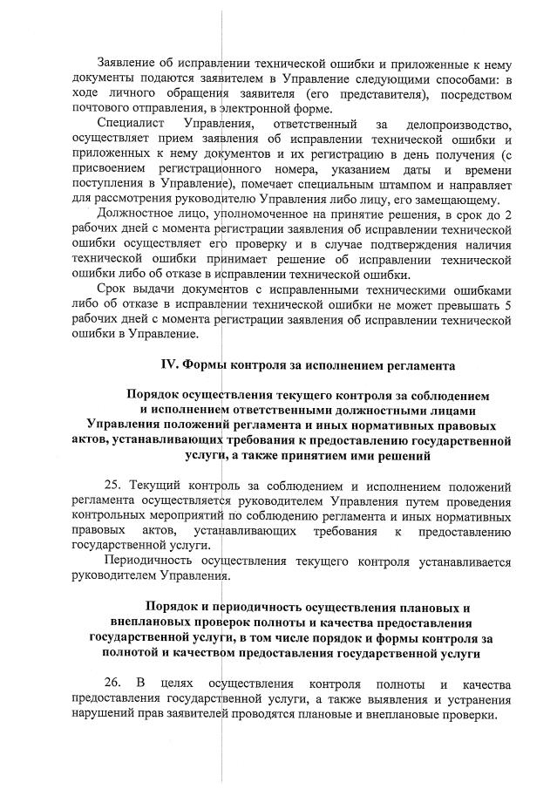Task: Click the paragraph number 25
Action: click(x=113, y=486)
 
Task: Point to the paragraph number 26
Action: click(x=112, y=683)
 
